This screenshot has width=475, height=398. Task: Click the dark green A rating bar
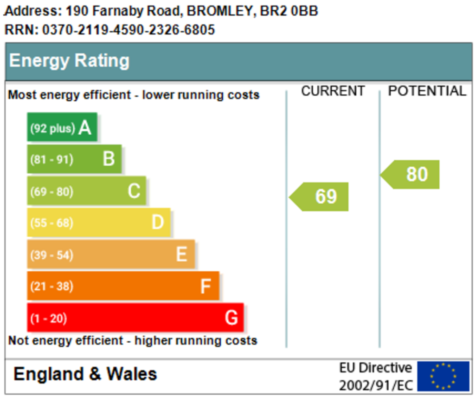(62, 127)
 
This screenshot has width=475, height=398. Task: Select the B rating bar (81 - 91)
(75, 159)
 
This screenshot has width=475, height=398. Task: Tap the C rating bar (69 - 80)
(87, 191)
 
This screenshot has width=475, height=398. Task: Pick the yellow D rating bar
(99, 222)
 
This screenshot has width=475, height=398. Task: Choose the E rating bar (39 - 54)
(111, 254)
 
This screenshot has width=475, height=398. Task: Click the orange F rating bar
(123, 286)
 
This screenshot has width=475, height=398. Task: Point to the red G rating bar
(135, 317)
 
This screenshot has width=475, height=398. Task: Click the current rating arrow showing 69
(319, 196)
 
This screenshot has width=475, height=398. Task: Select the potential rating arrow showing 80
(410, 175)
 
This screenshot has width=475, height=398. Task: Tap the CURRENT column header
(333, 91)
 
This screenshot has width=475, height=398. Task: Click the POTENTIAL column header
(427, 91)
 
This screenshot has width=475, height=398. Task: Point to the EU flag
(443, 376)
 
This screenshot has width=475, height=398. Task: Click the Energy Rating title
(70, 61)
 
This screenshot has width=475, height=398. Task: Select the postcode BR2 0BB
(289, 11)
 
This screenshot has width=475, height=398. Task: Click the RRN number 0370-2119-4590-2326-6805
(128, 30)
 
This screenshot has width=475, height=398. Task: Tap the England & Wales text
(85, 374)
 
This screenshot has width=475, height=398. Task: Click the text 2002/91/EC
(376, 385)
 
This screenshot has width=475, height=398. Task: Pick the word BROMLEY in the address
(219, 11)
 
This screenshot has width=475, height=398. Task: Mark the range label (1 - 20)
(48, 319)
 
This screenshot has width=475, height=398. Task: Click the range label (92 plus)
(52, 128)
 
